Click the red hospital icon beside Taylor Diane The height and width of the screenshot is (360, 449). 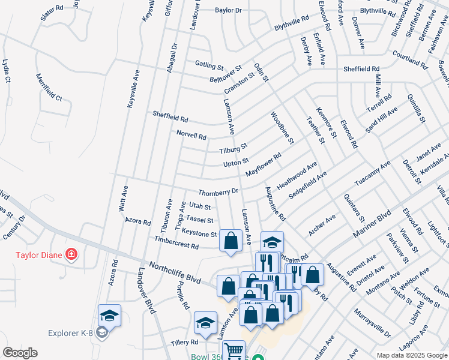pos(71,254)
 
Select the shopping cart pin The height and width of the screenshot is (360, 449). pos(234,350)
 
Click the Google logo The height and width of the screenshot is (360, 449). pos(20,353)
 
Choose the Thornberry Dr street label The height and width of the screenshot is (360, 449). pos(218,192)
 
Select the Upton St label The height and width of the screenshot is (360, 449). pos(236,163)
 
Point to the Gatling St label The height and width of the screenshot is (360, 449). pos(209,64)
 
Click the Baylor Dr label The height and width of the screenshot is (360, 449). pos(228,10)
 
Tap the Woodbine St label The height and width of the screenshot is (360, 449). pos(282,128)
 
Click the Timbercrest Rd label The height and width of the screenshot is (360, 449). pos(176,245)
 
